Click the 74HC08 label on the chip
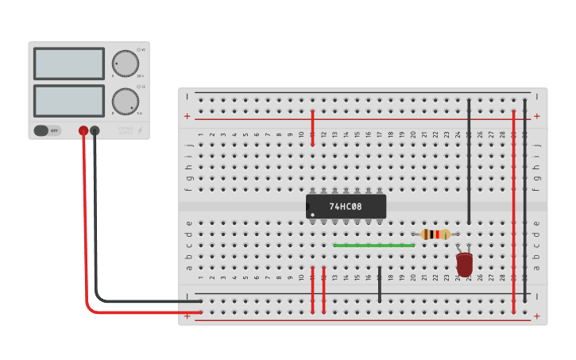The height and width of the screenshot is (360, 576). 346,207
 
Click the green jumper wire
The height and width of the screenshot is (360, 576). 373,246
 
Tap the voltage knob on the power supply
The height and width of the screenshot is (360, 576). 125,63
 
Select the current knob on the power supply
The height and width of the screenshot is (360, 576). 125,101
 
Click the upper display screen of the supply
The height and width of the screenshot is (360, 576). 69,64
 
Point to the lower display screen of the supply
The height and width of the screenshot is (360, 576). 69,100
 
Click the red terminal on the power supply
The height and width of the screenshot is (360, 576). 83,130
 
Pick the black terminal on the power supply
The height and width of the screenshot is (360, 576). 95,130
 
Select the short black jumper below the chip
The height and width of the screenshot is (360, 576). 380,285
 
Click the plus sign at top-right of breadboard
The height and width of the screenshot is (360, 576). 537,116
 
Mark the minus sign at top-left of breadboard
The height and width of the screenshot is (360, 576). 187,97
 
